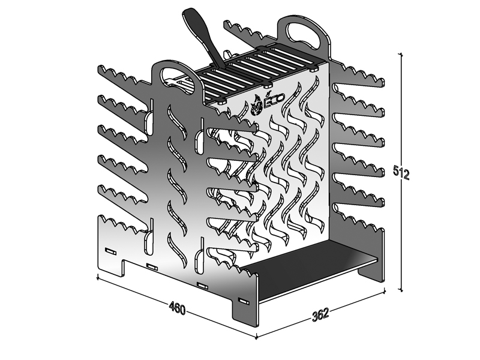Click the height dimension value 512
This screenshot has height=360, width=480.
401,173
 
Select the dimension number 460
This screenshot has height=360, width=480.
178,308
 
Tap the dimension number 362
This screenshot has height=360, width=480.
320,314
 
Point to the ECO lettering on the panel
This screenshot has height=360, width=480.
274,100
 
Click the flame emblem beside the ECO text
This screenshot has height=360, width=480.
257,106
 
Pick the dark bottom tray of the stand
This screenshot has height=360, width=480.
309,269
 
